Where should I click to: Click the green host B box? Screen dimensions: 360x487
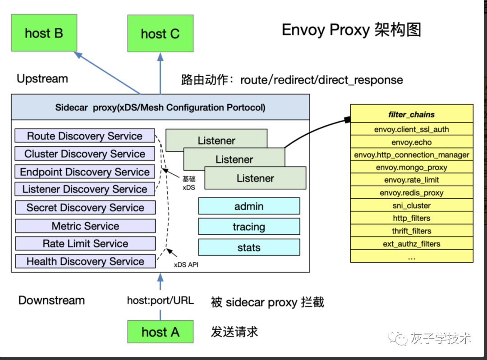click(44, 33)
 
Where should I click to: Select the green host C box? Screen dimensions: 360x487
click(160, 34)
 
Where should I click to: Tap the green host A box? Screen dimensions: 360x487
click(160, 332)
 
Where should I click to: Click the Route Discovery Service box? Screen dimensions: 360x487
click(85, 136)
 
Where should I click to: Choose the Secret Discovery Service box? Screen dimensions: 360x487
click(85, 208)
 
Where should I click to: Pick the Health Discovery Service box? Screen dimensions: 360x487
click(85, 261)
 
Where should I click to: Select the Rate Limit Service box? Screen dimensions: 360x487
click(85, 244)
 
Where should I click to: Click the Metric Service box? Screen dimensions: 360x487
click(85, 226)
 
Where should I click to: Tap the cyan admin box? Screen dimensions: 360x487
click(249, 206)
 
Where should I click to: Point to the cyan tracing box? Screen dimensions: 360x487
click(249, 227)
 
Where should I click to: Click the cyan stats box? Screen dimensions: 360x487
click(249, 247)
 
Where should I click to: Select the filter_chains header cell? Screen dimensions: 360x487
click(411, 114)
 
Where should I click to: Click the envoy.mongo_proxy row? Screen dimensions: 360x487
click(411, 167)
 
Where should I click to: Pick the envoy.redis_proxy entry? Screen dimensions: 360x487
click(411, 193)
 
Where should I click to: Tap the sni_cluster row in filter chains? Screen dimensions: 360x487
click(411, 205)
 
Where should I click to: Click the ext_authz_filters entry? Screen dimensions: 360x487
click(411, 244)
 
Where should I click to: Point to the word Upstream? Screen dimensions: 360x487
click(42, 79)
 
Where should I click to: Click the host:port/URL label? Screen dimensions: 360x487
click(160, 300)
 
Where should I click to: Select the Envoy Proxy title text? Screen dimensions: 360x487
click(351, 30)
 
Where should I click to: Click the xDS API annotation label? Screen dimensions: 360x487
click(186, 265)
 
